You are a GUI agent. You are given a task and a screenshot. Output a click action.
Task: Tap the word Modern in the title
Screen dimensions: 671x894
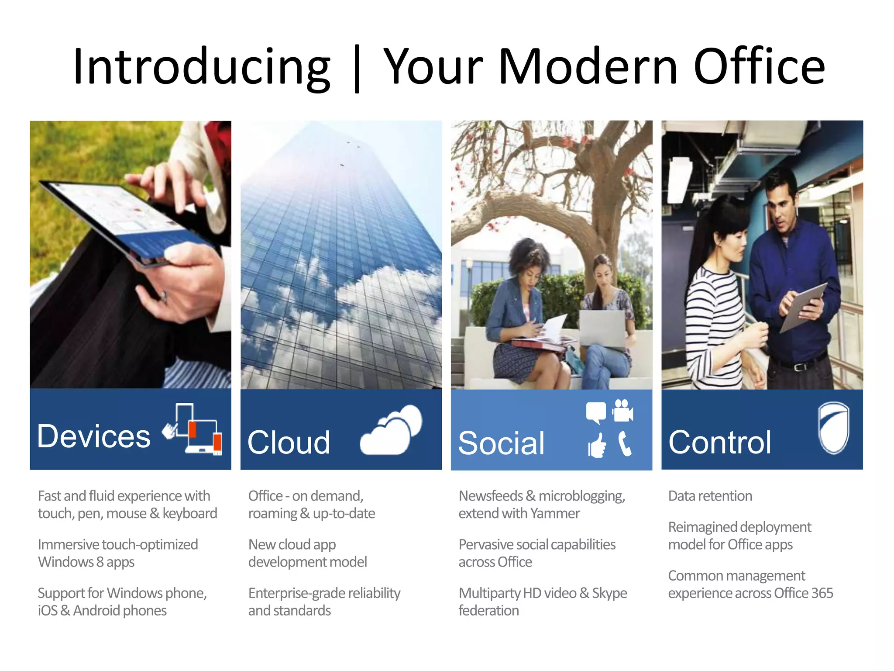tap(588, 66)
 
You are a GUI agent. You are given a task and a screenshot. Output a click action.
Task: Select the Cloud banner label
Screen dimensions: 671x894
tap(289, 442)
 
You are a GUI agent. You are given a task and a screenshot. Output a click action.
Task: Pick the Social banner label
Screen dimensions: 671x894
tap(502, 443)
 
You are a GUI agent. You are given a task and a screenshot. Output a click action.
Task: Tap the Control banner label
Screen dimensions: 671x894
tap(720, 442)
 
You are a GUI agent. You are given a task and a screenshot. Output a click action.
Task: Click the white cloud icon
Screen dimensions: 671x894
tap(392, 430)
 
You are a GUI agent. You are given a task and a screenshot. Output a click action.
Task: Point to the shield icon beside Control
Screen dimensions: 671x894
tap(833, 428)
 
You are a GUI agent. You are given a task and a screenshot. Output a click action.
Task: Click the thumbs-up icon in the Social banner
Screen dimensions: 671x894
tap(597, 445)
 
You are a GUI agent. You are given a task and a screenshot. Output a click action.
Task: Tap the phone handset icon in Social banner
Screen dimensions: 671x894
tap(625, 443)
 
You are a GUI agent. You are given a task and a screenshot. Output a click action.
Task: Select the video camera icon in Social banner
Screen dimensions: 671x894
tap(623, 411)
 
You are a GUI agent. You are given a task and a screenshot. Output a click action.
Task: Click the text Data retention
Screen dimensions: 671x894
tap(710, 496)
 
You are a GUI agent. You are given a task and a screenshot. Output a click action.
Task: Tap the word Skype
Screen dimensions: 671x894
tap(609, 593)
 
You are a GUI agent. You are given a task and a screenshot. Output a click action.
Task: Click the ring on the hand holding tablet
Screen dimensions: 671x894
tap(163, 297)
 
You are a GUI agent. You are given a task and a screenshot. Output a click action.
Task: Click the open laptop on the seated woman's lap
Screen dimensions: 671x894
tap(602, 328)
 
